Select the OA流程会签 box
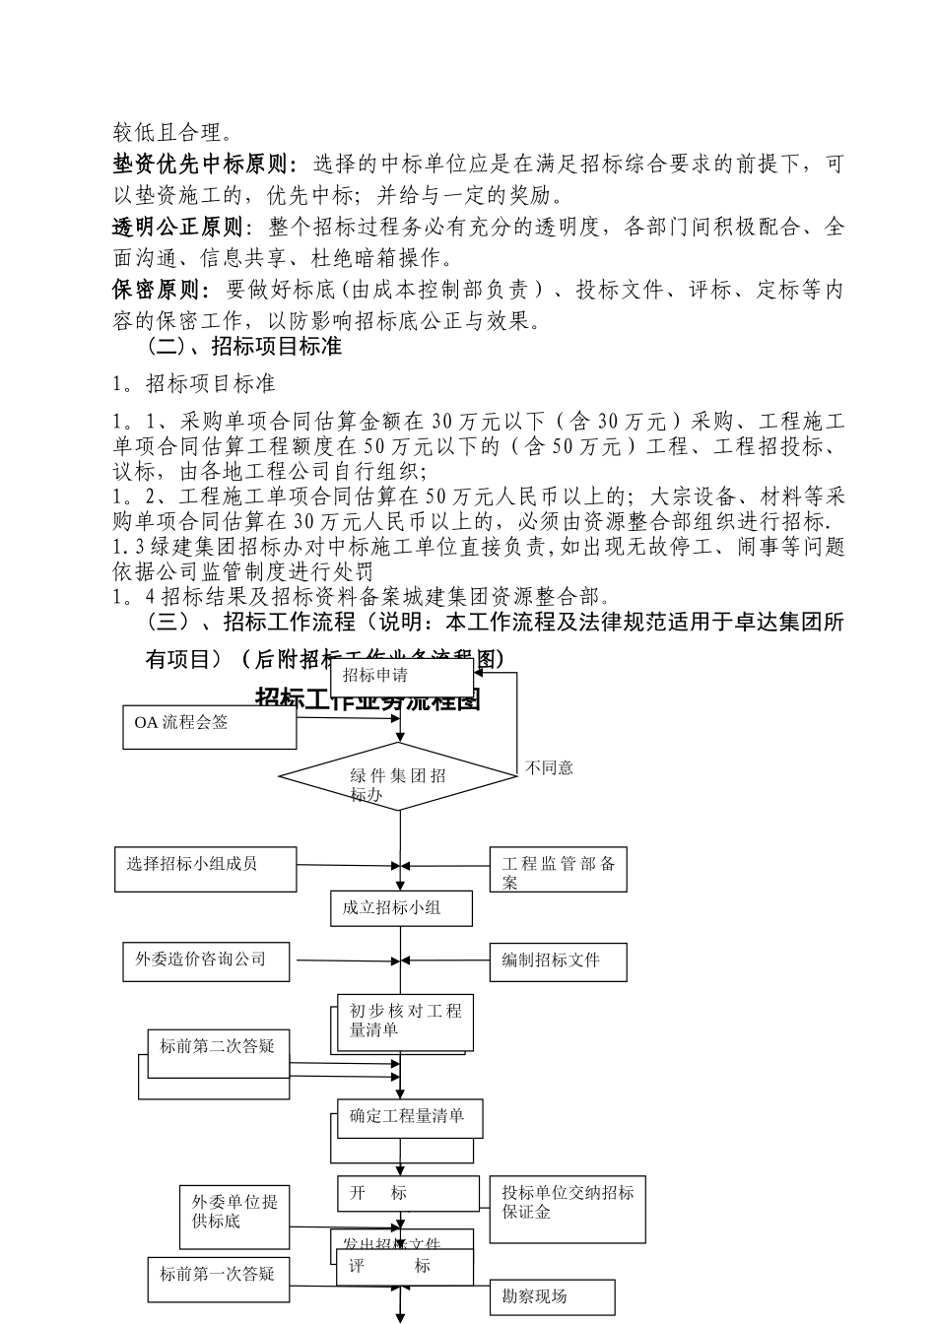pyautogui.click(x=209, y=726)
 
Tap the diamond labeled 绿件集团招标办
pyautogui.click(x=398, y=777)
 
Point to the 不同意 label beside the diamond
pyautogui.click(x=550, y=768)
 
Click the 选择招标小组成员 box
pyautogui.click(x=205, y=868)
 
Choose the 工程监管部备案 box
pyautogui.click(x=558, y=871)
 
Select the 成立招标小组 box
pyautogui.click(x=401, y=908)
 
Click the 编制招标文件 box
pyautogui.click(x=558, y=960)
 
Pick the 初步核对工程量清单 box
pyautogui.click(x=405, y=1022)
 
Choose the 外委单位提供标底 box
pyautogui.click(x=234, y=1215)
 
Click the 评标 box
pyautogui.click(x=405, y=1267)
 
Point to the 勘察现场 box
pyautogui.click(x=552, y=1297)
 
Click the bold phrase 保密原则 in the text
pyautogui.click(x=161, y=291)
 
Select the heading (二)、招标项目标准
pyautogui.click(x=243, y=348)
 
